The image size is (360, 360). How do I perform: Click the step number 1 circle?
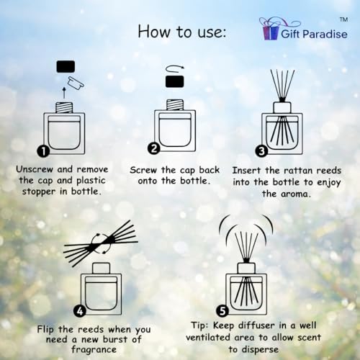click(43, 151)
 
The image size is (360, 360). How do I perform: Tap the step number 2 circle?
click(153, 148)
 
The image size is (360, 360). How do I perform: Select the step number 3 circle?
click(261, 151)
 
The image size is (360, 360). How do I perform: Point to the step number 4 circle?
click(80, 311)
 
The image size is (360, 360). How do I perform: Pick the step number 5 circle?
click(222, 311)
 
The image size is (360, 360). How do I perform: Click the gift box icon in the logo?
click(270, 30)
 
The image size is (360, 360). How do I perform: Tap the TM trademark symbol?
click(343, 19)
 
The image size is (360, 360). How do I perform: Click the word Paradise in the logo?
click(325, 34)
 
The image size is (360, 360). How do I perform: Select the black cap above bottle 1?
click(66, 66)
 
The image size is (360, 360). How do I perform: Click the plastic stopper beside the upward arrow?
click(76, 83)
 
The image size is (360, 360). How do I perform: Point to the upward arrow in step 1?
click(64, 93)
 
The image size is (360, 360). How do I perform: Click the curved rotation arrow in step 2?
click(175, 68)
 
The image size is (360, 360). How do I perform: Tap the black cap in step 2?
click(175, 81)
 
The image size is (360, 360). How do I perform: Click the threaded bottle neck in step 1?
click(64, 107)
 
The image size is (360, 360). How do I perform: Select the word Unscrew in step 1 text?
click(35, 169)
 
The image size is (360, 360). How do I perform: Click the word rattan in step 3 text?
click(298, 171)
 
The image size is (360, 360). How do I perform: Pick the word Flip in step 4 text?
click(45, 330)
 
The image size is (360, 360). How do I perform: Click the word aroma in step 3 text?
click(295, 194)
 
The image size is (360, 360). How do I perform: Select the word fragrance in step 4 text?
click(94, 350)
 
